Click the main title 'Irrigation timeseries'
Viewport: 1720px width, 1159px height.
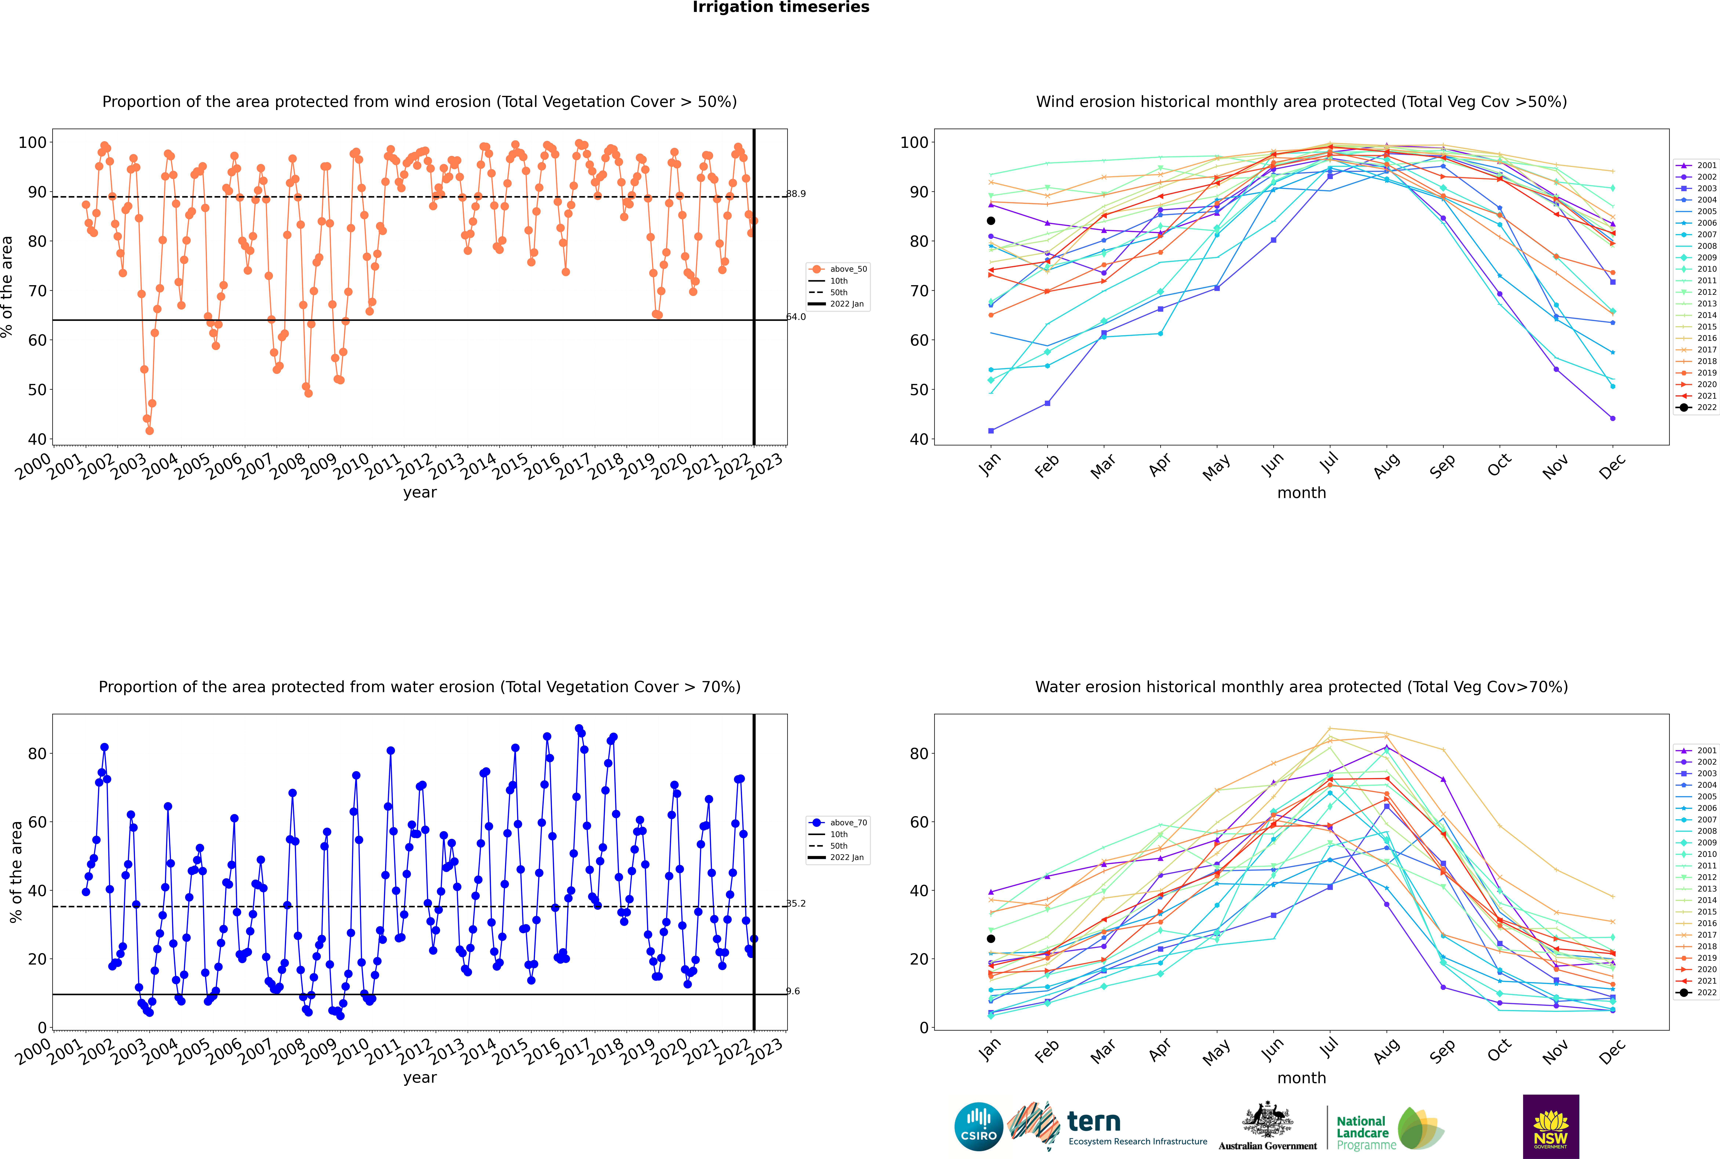click(781, 7)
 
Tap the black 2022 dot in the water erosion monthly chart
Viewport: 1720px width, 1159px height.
click(991, 939)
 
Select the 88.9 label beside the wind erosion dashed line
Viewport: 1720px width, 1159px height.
click(796, 194)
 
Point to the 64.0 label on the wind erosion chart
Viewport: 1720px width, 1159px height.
click(796, 317)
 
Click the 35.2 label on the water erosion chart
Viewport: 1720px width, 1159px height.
click(796, 903)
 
